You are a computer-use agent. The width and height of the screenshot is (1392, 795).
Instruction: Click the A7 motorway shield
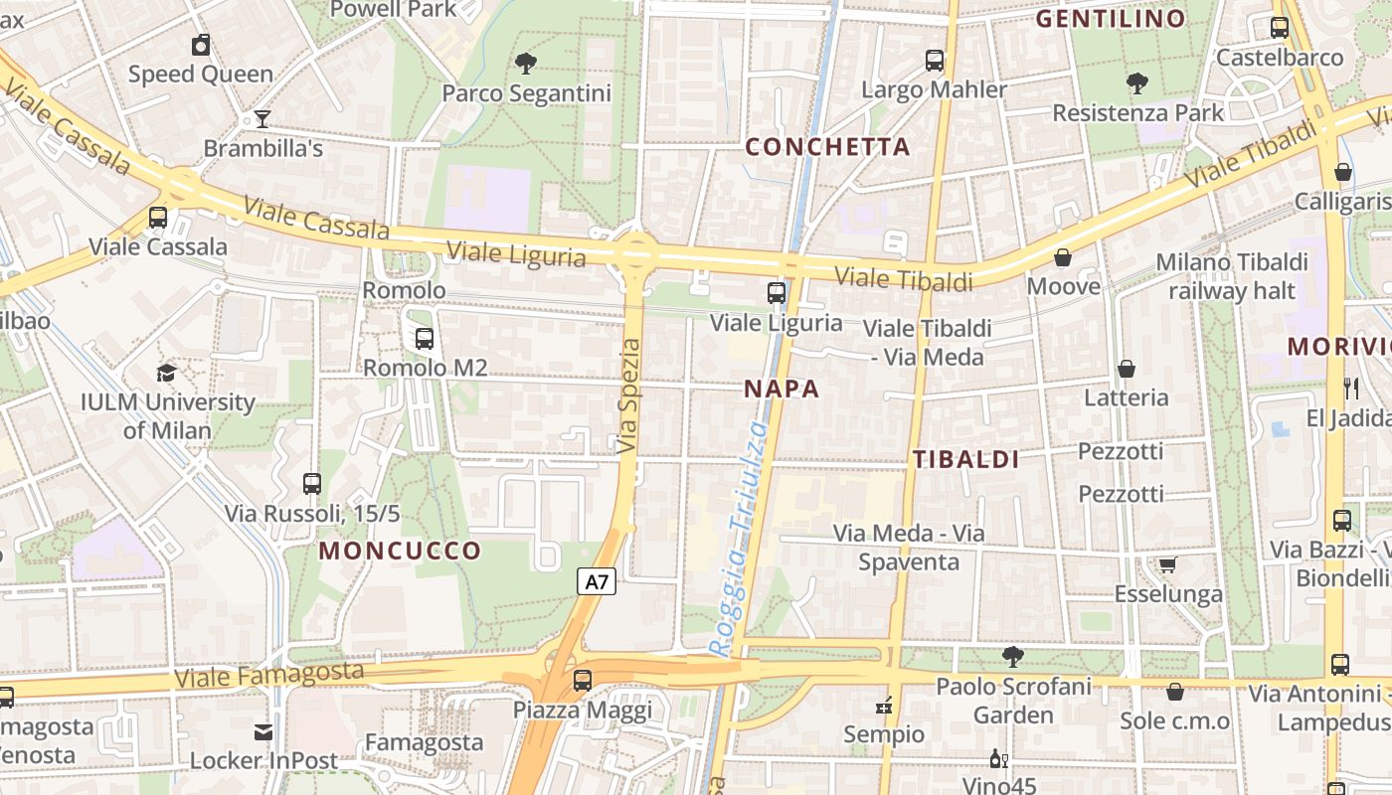click(597, 581)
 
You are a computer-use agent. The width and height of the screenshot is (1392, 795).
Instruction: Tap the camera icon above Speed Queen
click(201, 45)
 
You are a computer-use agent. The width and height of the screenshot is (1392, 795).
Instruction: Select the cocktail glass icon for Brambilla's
click(262, 119)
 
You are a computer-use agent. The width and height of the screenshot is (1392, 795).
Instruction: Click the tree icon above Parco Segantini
click(526, 65)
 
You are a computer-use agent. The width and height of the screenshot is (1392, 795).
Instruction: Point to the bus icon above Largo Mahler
click(935, 61)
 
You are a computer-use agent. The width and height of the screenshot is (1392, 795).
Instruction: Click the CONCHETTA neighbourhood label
click(827, 147)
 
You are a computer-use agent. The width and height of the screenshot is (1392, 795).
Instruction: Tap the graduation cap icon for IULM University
click(167, 374)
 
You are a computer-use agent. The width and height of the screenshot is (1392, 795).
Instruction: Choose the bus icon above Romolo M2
click(425, 339)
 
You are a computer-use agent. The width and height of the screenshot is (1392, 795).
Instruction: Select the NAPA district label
click(782, 390)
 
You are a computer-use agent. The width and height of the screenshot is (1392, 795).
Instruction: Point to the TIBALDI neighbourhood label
click(965, 459)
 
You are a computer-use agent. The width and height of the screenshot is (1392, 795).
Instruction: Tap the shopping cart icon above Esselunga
click(1167, 565)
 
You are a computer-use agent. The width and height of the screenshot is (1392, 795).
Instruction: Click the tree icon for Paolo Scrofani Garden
click(1013, 656)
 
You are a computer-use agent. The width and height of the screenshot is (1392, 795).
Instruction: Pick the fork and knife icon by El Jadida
click(1350, 389)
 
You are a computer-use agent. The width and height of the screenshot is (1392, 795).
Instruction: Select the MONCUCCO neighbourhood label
click(400, 551)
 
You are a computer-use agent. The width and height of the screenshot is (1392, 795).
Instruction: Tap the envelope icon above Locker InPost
click(263, 732)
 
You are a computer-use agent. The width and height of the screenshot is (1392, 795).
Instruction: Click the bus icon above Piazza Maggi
click(583, 681)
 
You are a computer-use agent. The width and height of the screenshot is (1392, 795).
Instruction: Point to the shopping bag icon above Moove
click(1063, 258)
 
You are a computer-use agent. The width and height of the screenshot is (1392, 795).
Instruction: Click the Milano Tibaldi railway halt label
click(1232, 276)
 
